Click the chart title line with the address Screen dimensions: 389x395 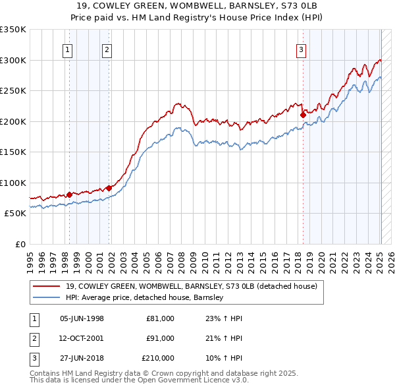[x=197, y=5]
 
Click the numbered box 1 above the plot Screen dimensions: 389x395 [x=68, y=49]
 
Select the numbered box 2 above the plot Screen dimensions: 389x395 [x=107, y=49]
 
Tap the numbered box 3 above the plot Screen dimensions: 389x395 [x=301, y=49]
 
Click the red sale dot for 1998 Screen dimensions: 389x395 [x=69, y=194]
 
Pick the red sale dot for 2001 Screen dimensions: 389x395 [x=109, y=188]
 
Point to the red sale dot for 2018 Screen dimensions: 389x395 [x=303, y=115]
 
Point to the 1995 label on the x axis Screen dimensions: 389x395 [x=30, y=258]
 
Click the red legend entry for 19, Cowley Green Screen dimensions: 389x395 [x=192, y=286]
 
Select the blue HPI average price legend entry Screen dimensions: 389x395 [x=145, y=297]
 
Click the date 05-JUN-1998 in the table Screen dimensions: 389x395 [x=82, y=318]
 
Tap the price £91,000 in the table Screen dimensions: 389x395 [x=160, y=338]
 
